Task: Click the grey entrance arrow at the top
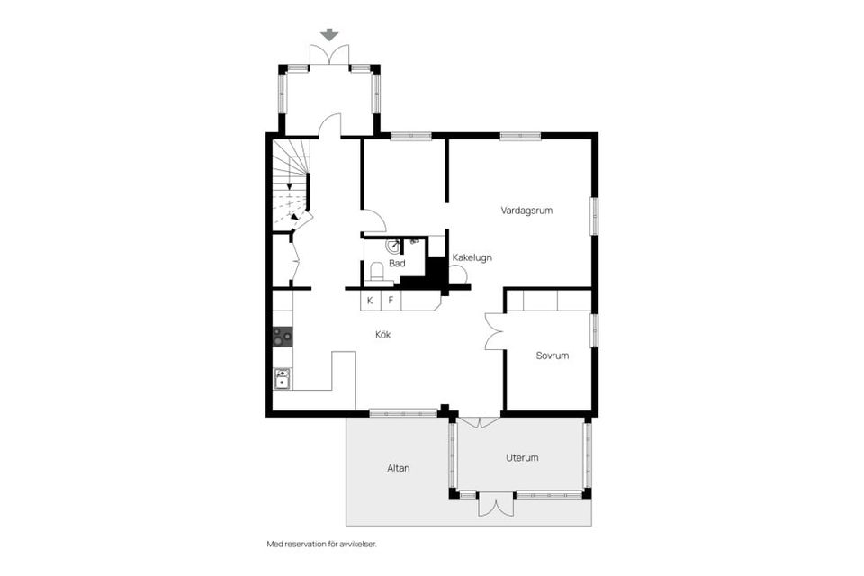330,35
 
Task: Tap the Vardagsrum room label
526,211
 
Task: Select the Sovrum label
552,355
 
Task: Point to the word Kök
384,335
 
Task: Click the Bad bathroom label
397,264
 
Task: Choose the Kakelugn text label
472,257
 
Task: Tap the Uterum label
522,457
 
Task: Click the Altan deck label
399,468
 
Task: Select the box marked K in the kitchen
370,301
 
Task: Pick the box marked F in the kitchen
391,301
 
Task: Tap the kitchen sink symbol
283,378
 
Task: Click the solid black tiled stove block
436,273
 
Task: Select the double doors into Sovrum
493,330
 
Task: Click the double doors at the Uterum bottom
495,504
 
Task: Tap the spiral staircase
292,180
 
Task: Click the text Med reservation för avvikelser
321,544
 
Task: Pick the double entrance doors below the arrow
330,56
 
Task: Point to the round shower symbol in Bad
394,245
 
